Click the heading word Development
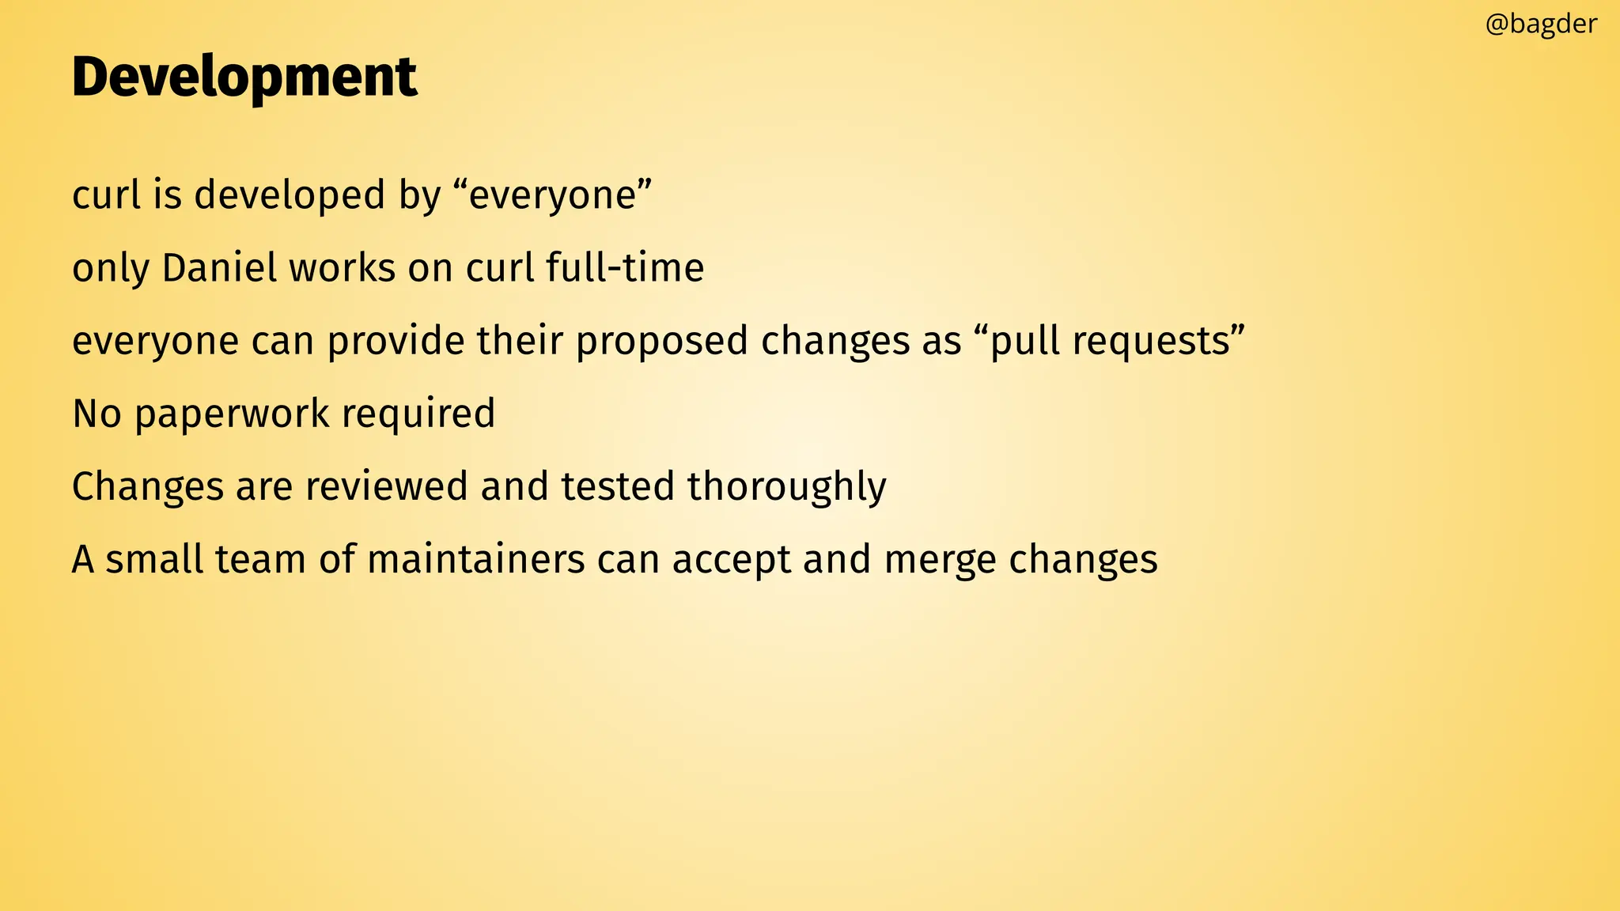(x=244, y=77)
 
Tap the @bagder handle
(x=1541, y=24)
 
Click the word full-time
(x=625, y=267)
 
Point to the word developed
(x=290, y=195)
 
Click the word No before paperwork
(x=97, y=414)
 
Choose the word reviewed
(x=386, y=486)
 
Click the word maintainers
(x=476, y=559)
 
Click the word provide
(x=396, y=341)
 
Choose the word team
(x=260, y=559)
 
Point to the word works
(x=342, y=267)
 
